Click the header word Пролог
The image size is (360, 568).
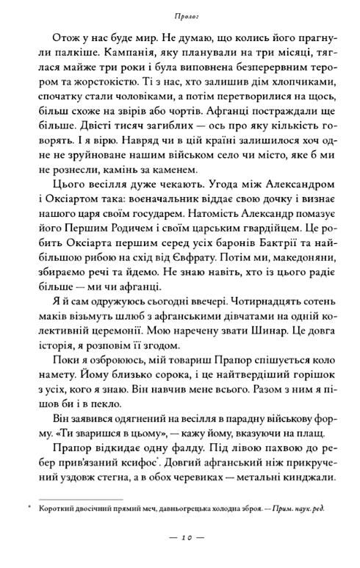coord(180,15)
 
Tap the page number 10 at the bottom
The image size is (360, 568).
coord(180,549)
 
